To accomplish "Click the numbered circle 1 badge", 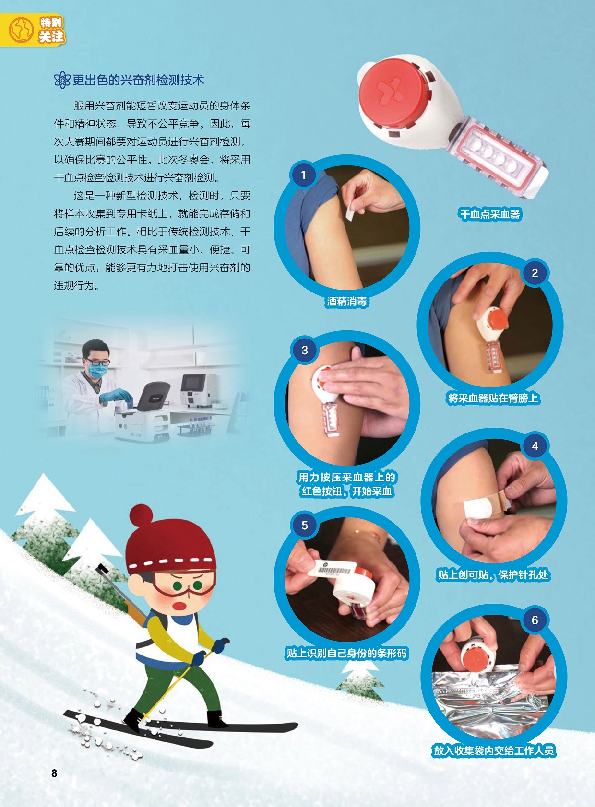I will pos(303,175).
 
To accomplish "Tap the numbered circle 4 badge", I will pos(535,446).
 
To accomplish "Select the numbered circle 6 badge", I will pos(535,620).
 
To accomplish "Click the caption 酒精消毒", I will pos(347,301).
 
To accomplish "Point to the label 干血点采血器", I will pos(490,214).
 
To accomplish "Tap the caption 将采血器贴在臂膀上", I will pos(493,398).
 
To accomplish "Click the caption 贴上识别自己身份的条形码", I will pos(346,653).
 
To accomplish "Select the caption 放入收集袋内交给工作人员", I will pos(494,750).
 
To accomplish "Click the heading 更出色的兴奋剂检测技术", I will pos(138,80).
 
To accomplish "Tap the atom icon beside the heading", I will pos(62,80).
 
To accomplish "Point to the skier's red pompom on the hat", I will pos(141,515).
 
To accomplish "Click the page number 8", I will pos(54,773).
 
